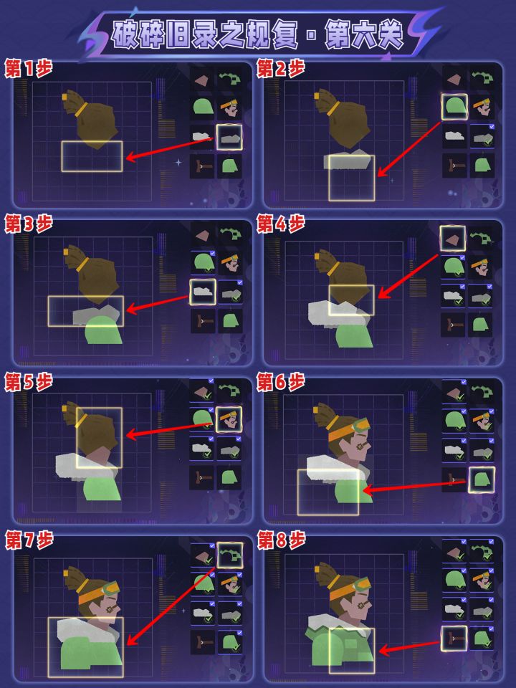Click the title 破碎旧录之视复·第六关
click(257, 34)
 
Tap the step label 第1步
click(29, 69)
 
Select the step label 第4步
click(281, 224)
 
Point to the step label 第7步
click(29, 540)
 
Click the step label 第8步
click(281, 540)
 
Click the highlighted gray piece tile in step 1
click(229, 138)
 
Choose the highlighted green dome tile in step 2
click(454, 107)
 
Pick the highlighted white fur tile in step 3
click(202, 292)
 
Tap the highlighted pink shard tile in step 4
click(452, 238)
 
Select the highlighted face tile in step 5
click(229, 419)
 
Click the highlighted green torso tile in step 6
click(482, 479)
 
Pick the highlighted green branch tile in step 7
click(230, 555)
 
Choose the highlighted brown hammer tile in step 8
click(454, 639)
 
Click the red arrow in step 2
click(408, 149)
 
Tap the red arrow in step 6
click(414, 486)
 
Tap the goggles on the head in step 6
click(360, 425)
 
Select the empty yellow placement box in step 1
click(92, 156)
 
